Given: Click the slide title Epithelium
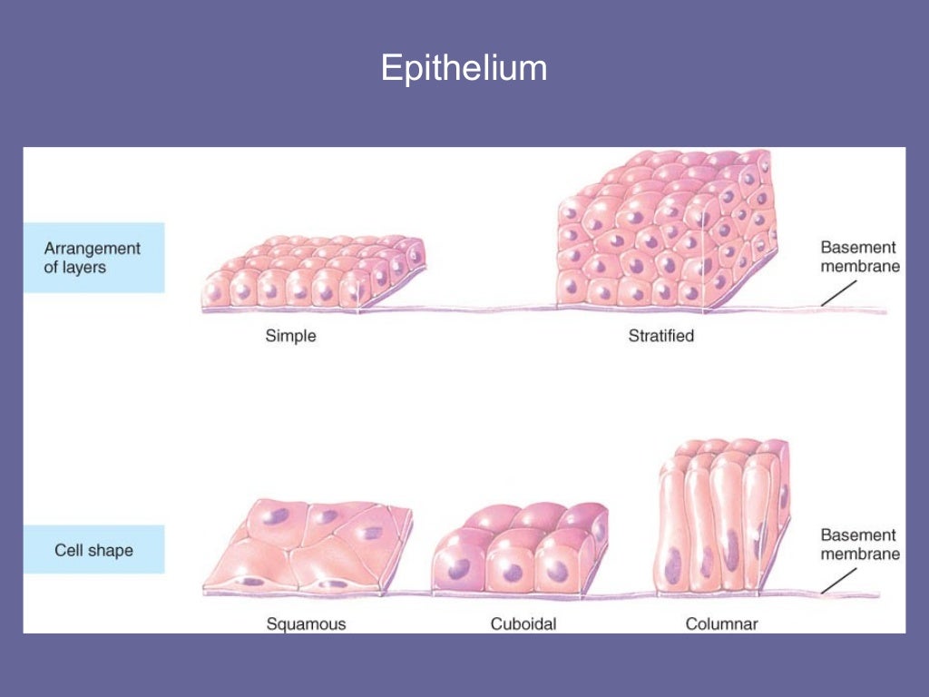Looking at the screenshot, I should pos(464,69).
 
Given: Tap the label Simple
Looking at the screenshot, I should pos(290,336).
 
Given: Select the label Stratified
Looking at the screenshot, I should pos(660,336).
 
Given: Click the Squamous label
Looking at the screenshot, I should pos(306,623).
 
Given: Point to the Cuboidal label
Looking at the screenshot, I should pos(523,623).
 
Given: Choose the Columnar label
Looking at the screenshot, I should pos(721,623).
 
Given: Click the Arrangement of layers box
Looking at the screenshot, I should pos(93,258).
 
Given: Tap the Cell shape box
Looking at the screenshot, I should pos(93,550).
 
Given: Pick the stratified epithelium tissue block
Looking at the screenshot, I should pos(667,231).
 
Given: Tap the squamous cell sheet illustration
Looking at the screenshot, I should pos(307,549).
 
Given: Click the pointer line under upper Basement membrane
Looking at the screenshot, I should pos(838,292).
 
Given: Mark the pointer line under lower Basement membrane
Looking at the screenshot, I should pos(838,581).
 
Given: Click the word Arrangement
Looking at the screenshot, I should pos(93,249).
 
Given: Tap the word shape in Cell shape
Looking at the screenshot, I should pos(112,550).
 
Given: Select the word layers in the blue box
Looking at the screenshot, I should pos(85,267).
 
